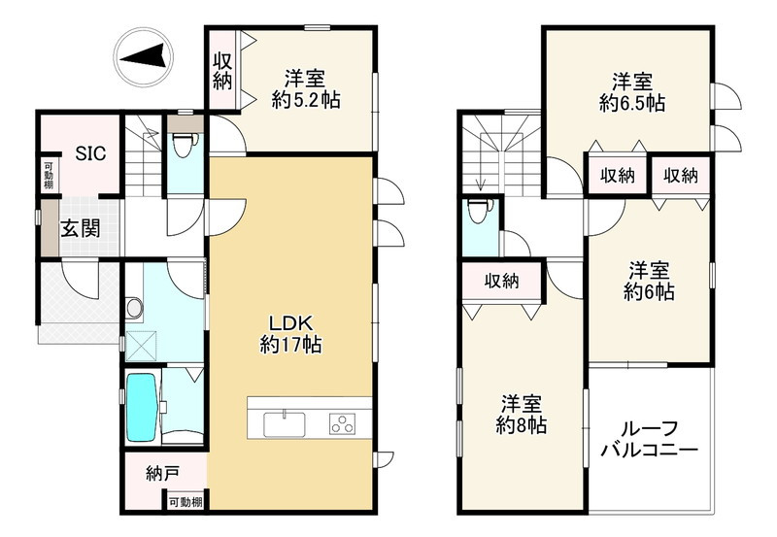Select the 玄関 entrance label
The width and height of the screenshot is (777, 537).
point(83,229)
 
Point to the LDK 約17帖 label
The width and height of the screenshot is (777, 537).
point(290,333)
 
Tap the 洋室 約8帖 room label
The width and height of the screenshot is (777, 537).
point(522,413)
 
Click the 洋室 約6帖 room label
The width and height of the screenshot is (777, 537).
point(650,280)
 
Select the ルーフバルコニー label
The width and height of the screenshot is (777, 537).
point(649,439)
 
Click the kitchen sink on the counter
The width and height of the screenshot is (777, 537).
point(284,423)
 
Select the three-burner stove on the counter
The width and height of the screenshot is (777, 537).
point(344,423)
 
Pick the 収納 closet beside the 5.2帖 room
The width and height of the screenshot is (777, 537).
point(222,71)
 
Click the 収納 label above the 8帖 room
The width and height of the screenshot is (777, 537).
point(502,281)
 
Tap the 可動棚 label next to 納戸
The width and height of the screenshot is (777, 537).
point(185,501)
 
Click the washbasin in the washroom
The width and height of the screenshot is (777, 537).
point(135,308)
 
